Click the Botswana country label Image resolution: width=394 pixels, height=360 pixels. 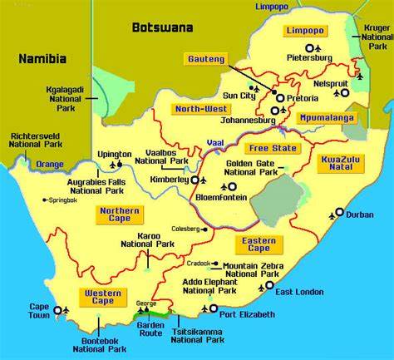pyautogui.click(x=162, y=27)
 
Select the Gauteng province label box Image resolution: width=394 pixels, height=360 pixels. pyautogui.click(x=204, y=59)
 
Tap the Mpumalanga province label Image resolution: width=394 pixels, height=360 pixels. pyautogui.click(x=323, y=118)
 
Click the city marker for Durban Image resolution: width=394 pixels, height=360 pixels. pyautogui.click(x=339, y=213)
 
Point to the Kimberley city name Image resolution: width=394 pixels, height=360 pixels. pyautogui.click(x=167, y=180)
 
